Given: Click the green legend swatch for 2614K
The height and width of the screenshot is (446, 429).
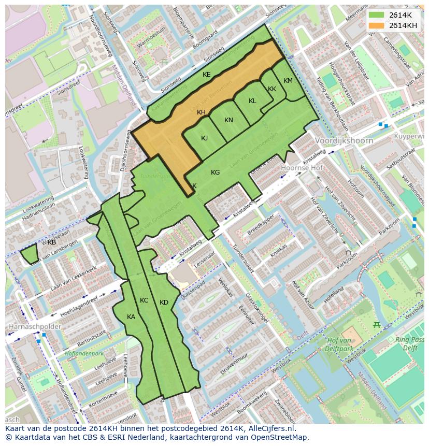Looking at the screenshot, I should pos(376,15).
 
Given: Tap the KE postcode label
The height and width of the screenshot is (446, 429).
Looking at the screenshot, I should pos(206,75).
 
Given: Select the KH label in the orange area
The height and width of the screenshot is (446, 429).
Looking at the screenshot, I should pos(201,112).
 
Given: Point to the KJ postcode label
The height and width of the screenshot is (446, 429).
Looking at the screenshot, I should pos(204,138).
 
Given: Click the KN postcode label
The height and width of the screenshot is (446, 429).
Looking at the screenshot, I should pos(228,120).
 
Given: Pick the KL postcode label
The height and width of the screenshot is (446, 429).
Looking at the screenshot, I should pos(252,101).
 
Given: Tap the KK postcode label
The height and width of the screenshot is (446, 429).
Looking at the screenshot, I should pos(272,89).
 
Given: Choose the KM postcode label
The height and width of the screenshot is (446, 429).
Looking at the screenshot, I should pos(288,81).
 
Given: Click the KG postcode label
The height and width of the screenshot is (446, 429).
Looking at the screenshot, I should pos(215,172).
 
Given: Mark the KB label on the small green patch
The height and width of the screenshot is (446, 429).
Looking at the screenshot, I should pos(52,242).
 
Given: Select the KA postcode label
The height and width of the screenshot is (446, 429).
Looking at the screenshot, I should pos(131,317).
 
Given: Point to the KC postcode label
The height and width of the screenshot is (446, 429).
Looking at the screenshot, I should pos(144,300).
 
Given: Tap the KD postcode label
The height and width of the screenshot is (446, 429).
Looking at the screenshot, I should pos(164,303).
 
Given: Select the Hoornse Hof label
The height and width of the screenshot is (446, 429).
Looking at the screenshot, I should pos(302,168).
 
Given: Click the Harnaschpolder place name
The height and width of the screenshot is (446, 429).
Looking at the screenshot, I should pos(34,327).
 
